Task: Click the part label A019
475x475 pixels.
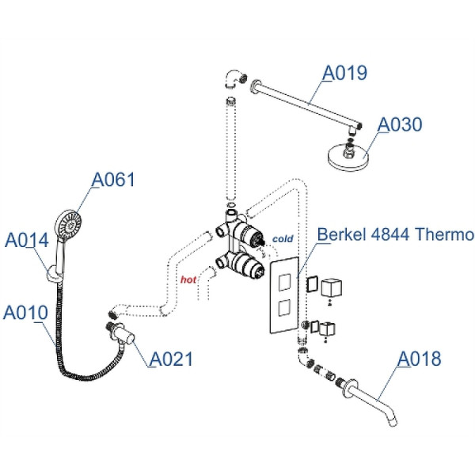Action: click(344, 73)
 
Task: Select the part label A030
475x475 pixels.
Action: click(400, 124)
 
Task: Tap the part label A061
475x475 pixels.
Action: click(113, 180)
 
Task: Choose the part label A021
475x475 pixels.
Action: click(171, 359)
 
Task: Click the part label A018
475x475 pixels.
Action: click(419, 359)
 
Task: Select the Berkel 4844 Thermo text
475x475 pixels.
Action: click(396, 235)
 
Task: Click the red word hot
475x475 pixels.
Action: click(188, 279)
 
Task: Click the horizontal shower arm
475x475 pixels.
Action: click(305, 101)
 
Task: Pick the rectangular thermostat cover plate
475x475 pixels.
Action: click(283, 294)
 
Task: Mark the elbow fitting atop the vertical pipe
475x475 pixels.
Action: click(233, 79)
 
